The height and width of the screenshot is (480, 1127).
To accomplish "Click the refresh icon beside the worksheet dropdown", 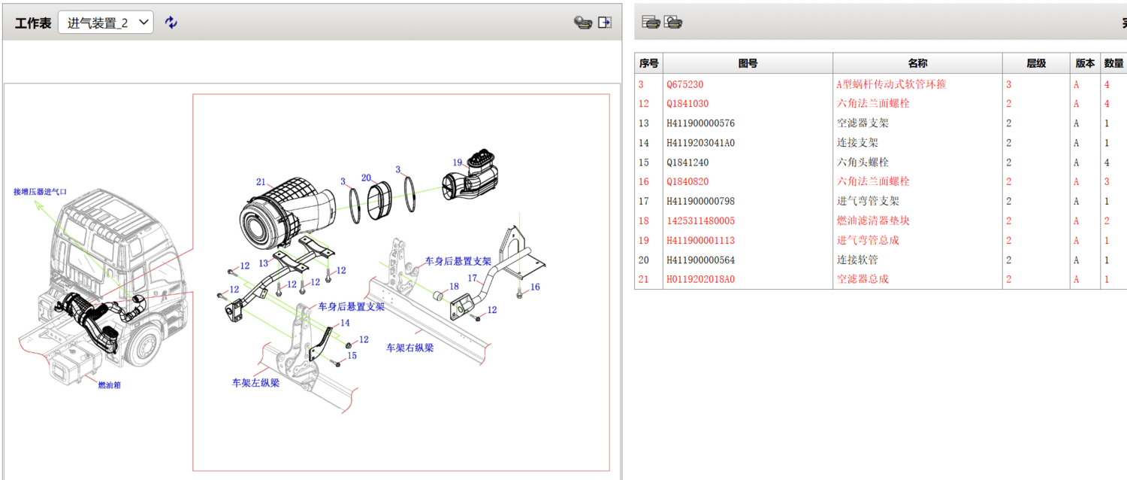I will [171, 23].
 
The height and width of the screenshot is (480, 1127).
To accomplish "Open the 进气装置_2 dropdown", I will [105, 23].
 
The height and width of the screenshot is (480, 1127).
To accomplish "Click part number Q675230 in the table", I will [684, 85].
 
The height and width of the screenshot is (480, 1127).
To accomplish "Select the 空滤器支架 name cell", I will [863, 123].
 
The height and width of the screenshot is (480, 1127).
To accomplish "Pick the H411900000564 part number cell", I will [700, 260].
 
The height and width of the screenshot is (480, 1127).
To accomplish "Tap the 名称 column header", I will [917, 64].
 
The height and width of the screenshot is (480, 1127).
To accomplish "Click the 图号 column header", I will [748, 64].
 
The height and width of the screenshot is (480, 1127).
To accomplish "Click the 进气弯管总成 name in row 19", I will [868, 241].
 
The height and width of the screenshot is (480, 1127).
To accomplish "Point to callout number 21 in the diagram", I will [261, 182].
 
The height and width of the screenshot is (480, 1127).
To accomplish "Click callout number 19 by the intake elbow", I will [458, 162].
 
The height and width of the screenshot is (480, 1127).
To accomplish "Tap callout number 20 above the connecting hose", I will [367, 178].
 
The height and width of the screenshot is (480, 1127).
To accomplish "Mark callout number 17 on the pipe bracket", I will [473, 278].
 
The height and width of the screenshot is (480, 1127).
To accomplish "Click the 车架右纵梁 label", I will [409, 348].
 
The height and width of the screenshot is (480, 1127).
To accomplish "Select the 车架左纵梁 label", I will [255, 383].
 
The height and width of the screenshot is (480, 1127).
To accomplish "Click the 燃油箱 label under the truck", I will [109, 384].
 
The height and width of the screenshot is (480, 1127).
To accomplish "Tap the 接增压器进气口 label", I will [40, 192].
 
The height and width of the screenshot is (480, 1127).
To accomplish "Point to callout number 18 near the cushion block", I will [454, 287].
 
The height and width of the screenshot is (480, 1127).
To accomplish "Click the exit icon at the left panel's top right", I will [605, 23].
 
